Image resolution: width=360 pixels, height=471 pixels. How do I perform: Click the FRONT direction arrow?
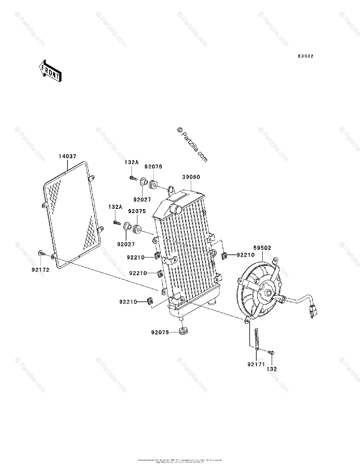pyautogui.click(x=49, y=71)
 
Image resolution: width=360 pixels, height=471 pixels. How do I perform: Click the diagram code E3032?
pyautogui.click(x=305, y=57)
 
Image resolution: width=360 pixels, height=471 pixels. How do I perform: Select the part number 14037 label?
pyautogui.click(x=68, y=156)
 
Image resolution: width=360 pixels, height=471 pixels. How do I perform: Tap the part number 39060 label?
pyautogui.click(x=191, y=177)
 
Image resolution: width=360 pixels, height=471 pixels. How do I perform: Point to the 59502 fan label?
pyautogui.click(x=262, y=248)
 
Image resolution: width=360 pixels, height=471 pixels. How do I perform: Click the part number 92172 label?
pyautogui.click(x=41, y=270)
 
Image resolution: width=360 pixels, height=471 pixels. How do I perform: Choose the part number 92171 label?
pyautogui.click(x=255, y=365)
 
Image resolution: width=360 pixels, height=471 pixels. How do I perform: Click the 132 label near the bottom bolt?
pyautogui.click(x=272, y=369)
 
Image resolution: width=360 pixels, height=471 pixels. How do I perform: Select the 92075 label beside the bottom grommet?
pyautogui.click(x=160, y=332)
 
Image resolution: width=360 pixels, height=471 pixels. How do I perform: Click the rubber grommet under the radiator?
pyautogui.click(x=183, y=331)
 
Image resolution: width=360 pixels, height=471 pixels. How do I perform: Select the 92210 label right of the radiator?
pyautogui.click(x=245, y=255)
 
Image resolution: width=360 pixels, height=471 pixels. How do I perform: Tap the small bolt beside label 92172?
pyautogui.click(x=41, y=254)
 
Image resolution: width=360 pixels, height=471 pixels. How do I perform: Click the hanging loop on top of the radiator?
pyautogui.click(x=171, y=190)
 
